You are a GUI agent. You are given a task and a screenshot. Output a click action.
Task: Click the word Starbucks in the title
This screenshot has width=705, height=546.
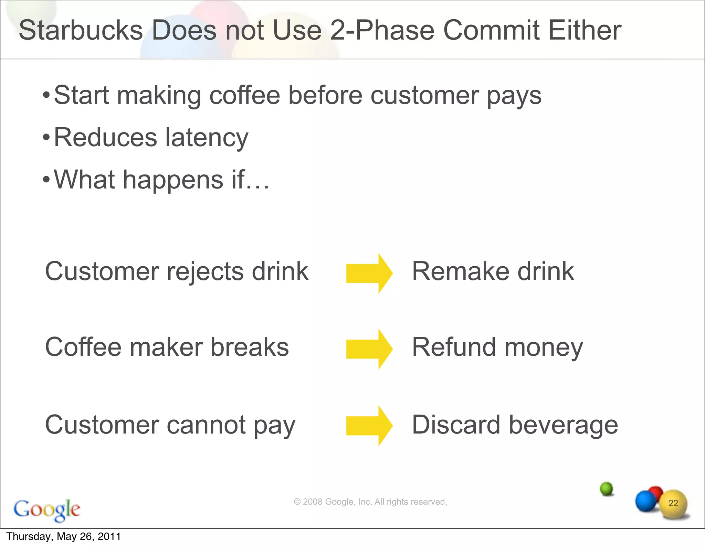pyautogui.click(x=81, y=30)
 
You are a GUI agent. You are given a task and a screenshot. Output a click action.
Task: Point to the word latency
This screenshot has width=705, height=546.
pyautogui.click(x=207, y=138)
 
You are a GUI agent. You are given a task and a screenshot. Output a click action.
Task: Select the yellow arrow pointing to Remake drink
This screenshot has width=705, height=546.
pyautogui.click(x=369, y=274)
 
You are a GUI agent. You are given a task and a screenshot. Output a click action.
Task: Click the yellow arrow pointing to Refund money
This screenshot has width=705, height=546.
pyautogui.click(x=369, y=349)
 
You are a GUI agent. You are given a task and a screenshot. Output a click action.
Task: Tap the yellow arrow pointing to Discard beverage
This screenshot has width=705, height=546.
pyautogui.click(x=369, y=426)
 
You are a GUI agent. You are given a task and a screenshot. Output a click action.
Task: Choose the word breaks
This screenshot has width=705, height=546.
pyautogui.click(x=249, y=347)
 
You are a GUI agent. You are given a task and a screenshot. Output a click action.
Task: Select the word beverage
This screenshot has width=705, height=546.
pyautogui.click(x=563, y=425)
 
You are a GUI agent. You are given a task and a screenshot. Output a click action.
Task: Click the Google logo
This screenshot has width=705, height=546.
pyautogui.click(x=47, y=510)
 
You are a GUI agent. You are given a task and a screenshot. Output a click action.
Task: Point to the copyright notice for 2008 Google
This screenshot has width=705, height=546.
pyautogui.click(x=370, y=502)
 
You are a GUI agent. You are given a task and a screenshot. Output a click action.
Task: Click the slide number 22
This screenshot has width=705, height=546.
pyautogui.click(x=673, y=503)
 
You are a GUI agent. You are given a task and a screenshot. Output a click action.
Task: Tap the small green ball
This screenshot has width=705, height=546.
pyautogui.click(x=607, y=489)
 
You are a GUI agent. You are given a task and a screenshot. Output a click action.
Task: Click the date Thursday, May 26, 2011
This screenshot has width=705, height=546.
pyautogui.click(x=64, y=537)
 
